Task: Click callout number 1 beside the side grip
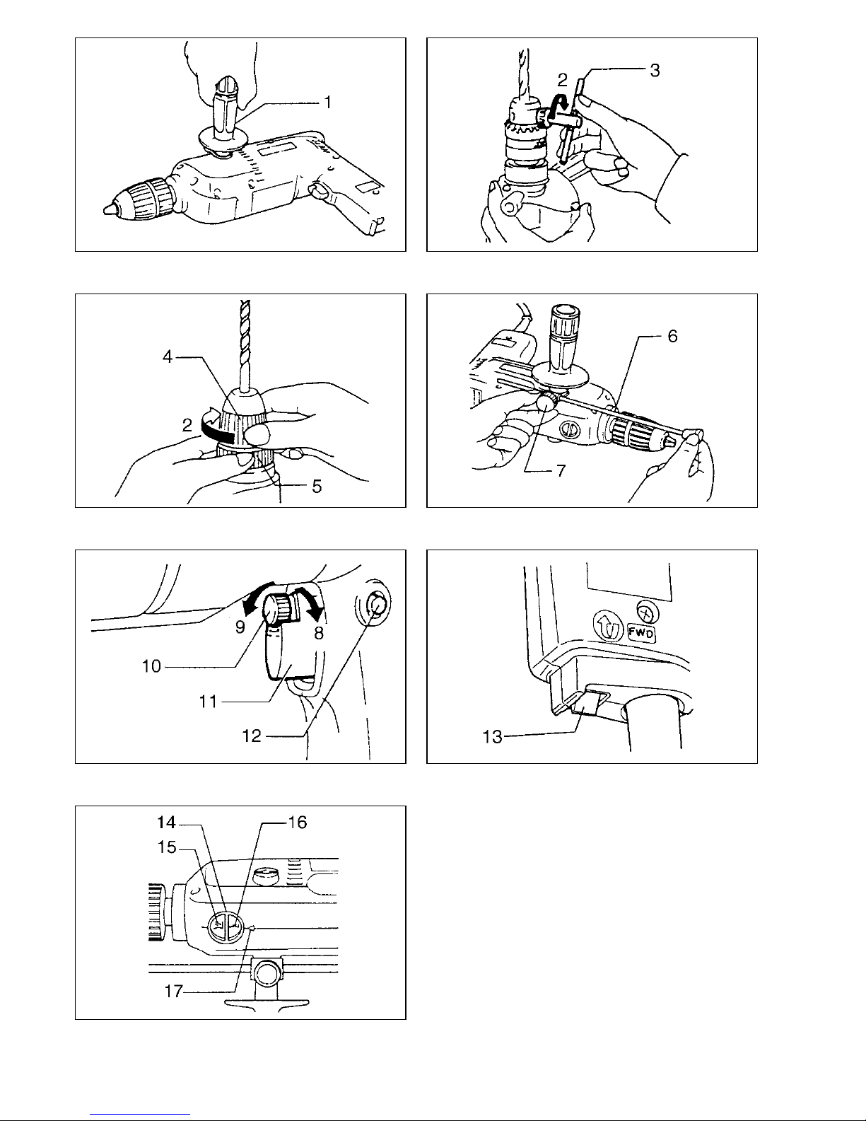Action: pos(327,103)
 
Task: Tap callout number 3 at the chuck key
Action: pos(655,71)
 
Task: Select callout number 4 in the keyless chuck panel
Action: pos(168,356)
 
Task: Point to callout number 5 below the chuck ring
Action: pos(317,486)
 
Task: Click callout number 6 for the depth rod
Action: pos(673,337)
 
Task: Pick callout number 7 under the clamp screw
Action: pos(561,470)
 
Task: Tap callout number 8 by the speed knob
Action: pos(319,634)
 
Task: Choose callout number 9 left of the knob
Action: pos(240,627)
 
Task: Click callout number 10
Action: pos(152,666)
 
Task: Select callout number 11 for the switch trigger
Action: pos(209,702)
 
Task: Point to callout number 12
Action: pos(252,736)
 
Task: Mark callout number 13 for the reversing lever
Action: pos(492,737)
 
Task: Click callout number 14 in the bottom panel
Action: pos(167,822)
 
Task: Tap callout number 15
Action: pos(167,847)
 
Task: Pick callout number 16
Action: pos(298,822)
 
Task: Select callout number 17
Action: pos(174,991)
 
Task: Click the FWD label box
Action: pos(642,633)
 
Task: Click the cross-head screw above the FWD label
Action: pos(648,612)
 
